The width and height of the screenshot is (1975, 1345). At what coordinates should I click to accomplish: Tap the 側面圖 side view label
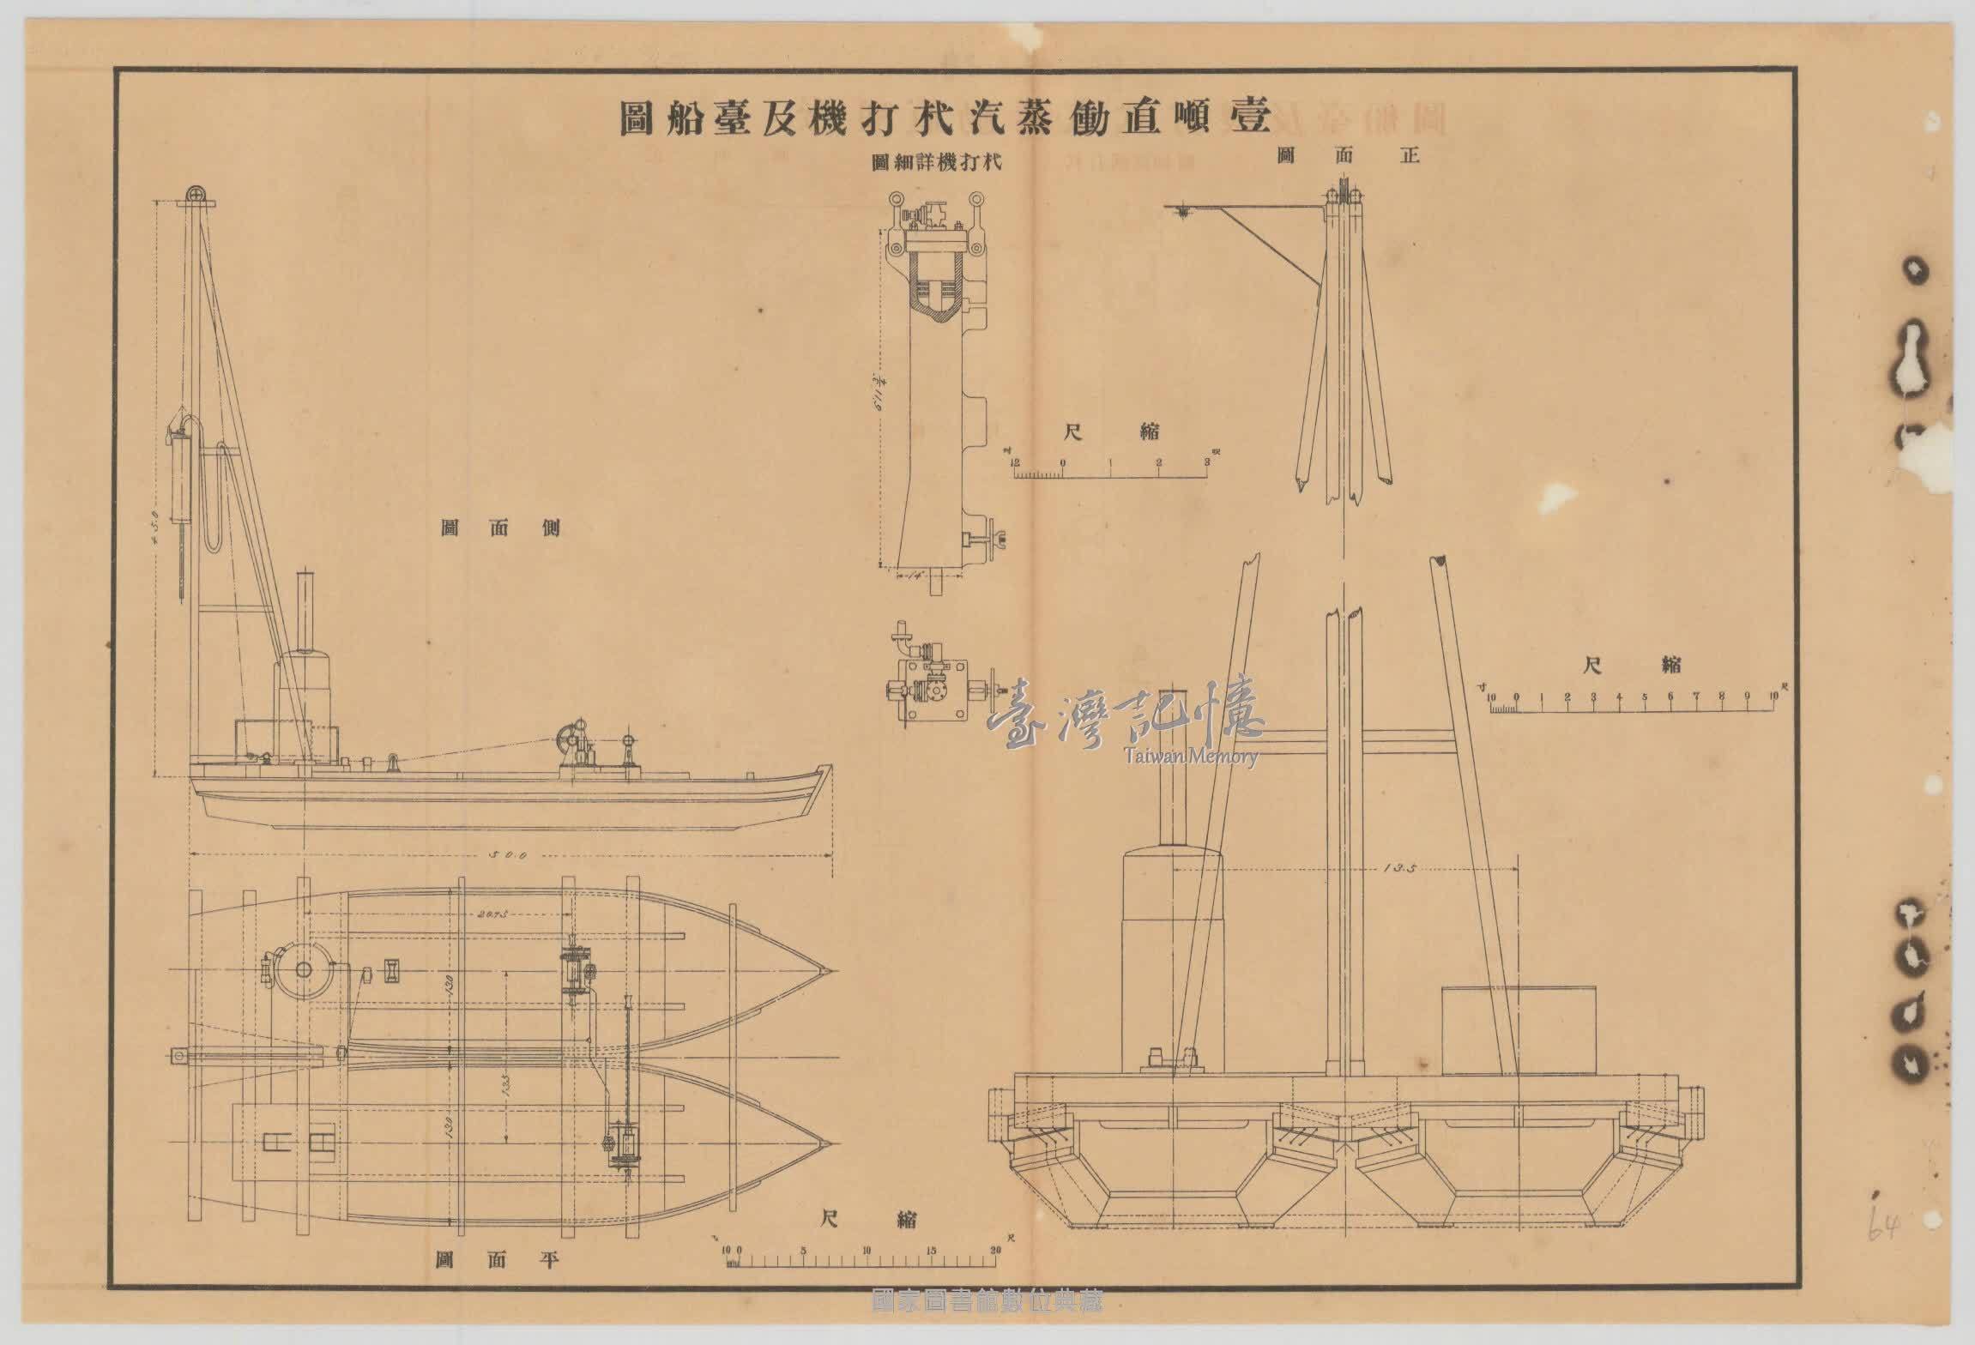click(500, 527)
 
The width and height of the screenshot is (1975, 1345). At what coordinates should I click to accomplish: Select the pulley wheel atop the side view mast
click(196, 194)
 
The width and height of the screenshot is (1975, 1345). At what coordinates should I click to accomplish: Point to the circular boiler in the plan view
click(303, 969)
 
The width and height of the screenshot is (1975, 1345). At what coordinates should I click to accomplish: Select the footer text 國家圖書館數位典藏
click(987, 1325)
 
